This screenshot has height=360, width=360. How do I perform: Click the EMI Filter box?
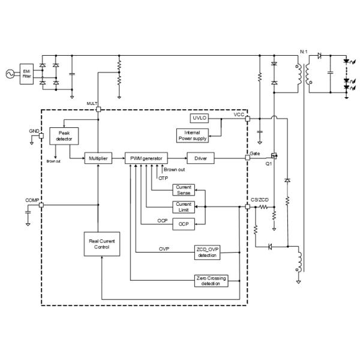(26, 73)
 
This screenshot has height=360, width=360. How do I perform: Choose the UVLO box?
(199, 118)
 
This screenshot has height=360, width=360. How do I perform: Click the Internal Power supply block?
(193, 135)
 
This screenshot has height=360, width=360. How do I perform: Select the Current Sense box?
(183, 190)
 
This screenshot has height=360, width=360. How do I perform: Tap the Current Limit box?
(183, 207)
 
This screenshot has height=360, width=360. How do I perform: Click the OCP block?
(183, 224)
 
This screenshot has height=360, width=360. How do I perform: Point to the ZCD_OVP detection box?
(206, 253)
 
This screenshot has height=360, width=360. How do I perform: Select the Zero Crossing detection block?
(212, 280)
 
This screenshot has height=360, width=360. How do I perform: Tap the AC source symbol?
(9, 73)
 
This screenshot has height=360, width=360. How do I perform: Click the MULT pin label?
(91, 104)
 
